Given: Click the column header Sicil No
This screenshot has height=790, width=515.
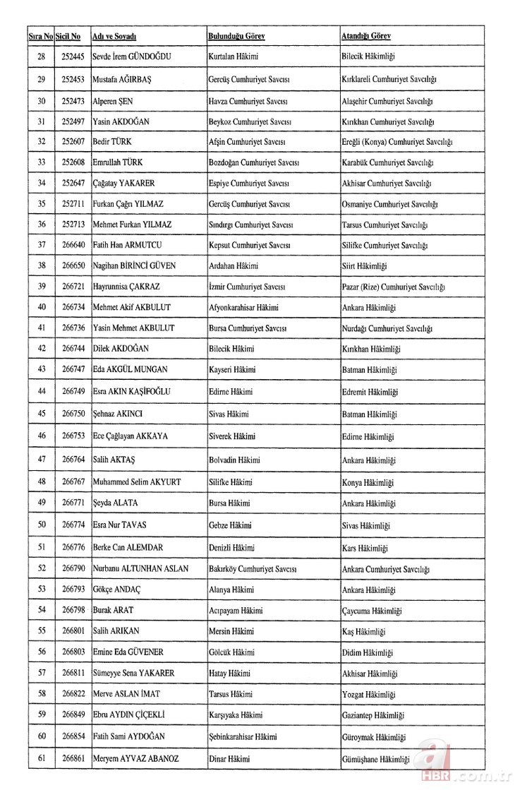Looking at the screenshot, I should coord(68,36).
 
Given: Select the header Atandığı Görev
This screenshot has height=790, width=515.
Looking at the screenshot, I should coord(365,36).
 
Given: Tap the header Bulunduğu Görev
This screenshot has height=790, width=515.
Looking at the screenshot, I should coord(236,36).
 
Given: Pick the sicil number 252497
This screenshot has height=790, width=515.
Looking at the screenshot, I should coord(72,121).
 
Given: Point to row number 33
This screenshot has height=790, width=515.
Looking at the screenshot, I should coord(42,162).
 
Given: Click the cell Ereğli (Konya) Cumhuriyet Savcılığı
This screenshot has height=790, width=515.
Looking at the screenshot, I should coord(396,142).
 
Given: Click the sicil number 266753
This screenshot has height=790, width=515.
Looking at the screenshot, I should coord(72,436).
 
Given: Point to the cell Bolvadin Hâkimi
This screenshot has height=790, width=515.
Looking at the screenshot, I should coord(234,460).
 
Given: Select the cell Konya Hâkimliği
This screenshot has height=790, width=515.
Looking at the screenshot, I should coord(368,483).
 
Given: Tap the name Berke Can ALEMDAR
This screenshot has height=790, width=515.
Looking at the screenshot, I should coord(128,548).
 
